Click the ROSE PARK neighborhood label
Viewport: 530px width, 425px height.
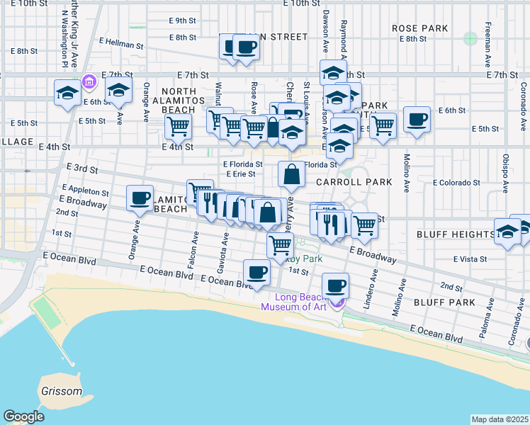click(x=420, y=28)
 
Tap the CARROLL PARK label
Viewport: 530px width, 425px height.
click(x=354, y=182)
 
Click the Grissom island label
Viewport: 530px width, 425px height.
click(x=62, y=391)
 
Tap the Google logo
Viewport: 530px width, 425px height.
click(x=23, y=416)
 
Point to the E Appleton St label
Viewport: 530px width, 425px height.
click(x=85, y=192)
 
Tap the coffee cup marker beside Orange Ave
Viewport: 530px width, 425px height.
click(x=140, y=198)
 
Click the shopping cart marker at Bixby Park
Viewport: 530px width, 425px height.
click(x=281, y=245)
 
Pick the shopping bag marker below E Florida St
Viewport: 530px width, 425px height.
click(x=292, y=174)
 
